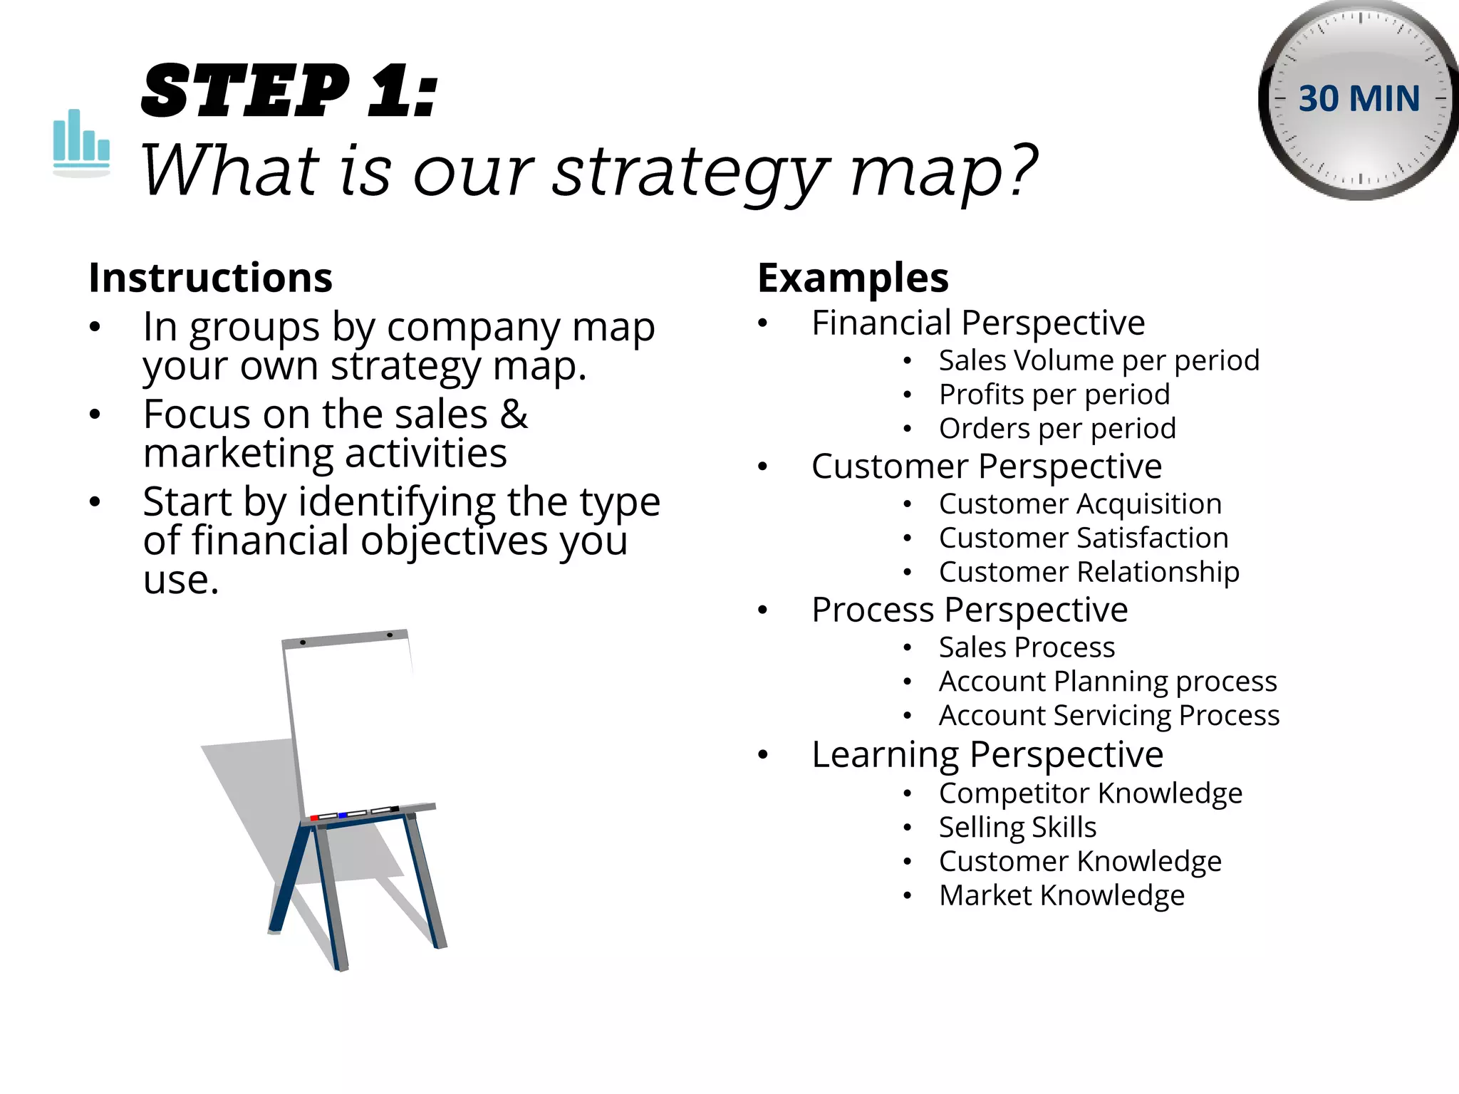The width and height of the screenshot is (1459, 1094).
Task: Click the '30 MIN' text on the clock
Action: click(1359, 99)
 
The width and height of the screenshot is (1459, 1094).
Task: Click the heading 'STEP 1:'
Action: click(289, 91)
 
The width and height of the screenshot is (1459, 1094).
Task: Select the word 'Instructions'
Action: click(210, 278)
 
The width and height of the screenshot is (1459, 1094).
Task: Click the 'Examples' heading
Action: click(853, 278)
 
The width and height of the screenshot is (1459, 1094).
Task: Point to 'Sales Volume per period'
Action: click(1099, 360)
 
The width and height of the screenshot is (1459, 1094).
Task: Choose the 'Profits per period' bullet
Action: click(1054, 395)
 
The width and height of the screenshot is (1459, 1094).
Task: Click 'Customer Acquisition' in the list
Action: click(1080, 504)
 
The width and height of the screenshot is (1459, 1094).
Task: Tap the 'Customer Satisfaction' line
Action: click(1084, 538)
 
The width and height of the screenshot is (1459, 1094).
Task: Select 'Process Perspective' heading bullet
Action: click(970, 610)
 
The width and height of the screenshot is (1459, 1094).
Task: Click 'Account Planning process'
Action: click(1108, 682)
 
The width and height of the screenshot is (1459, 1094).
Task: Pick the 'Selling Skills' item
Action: click(1017, 828)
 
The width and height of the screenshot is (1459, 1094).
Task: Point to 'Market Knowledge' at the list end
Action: click(1061, 896)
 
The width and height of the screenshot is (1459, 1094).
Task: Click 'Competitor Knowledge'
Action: click(1090, 793)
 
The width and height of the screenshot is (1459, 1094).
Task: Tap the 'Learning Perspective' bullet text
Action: click(987, 755)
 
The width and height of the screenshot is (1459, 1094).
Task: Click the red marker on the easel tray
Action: click(314, 818)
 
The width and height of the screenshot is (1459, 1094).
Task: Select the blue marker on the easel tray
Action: click(343, 815)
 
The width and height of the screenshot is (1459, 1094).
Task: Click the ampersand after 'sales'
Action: click(514, 415)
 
